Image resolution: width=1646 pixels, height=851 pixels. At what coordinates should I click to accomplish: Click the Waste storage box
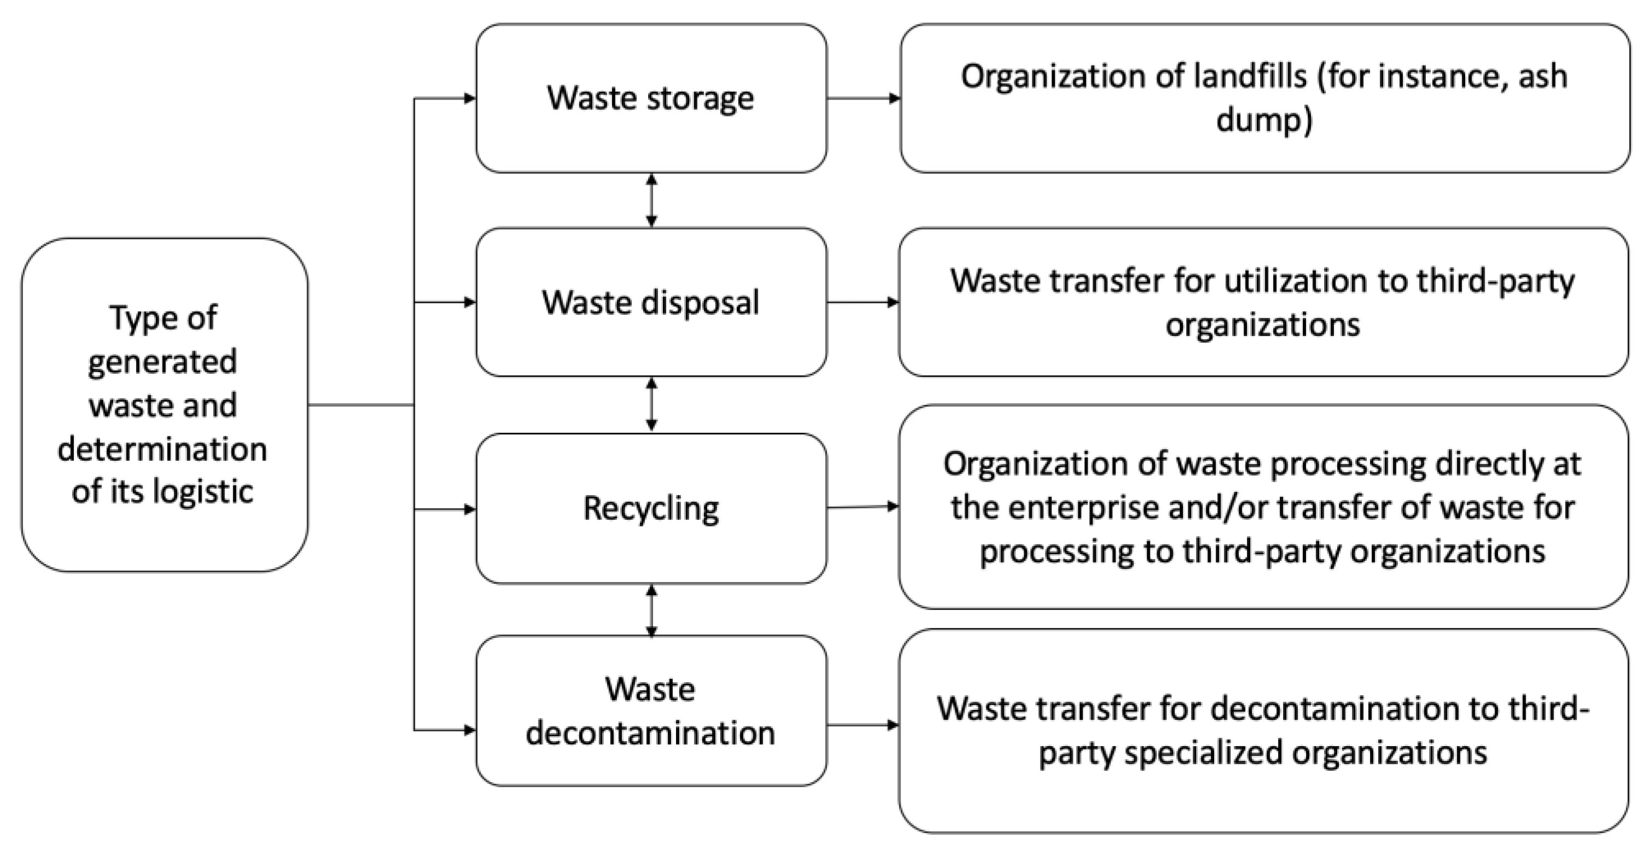pyautogui.click(x=650, y=98)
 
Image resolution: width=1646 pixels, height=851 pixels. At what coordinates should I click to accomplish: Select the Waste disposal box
pyautogui.click(x=650, y=302)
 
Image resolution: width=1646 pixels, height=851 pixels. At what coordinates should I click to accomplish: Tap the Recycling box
pyautogui.click(x=650, y=508)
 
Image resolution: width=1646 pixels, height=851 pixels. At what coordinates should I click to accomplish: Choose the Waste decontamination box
pyautogui.click(x=650, y=711)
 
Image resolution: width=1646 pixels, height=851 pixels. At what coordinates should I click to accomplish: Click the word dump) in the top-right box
pyautogui.click(x=1264, y=120)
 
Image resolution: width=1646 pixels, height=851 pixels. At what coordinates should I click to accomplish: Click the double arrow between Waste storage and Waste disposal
pyautogui.click(x=651, y=201)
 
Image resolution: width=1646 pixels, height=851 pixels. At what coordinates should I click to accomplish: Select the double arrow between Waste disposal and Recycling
pyautogui.click(x=651, y=404)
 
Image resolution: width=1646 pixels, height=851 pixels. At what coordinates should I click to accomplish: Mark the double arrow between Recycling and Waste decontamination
pyautogui.click(x=651, y=610)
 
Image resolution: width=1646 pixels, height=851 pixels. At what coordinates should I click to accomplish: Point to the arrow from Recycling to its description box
pyautogui.click(x=862, y=507)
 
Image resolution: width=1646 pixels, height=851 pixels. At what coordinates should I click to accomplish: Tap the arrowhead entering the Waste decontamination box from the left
pyautogui.click(x=469, y=730)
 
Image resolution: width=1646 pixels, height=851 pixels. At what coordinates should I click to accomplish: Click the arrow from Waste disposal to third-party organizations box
pyautogui.click(x=862, y=302)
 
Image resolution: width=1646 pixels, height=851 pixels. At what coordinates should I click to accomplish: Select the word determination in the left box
pyautogui.click(x=162, y=449)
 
